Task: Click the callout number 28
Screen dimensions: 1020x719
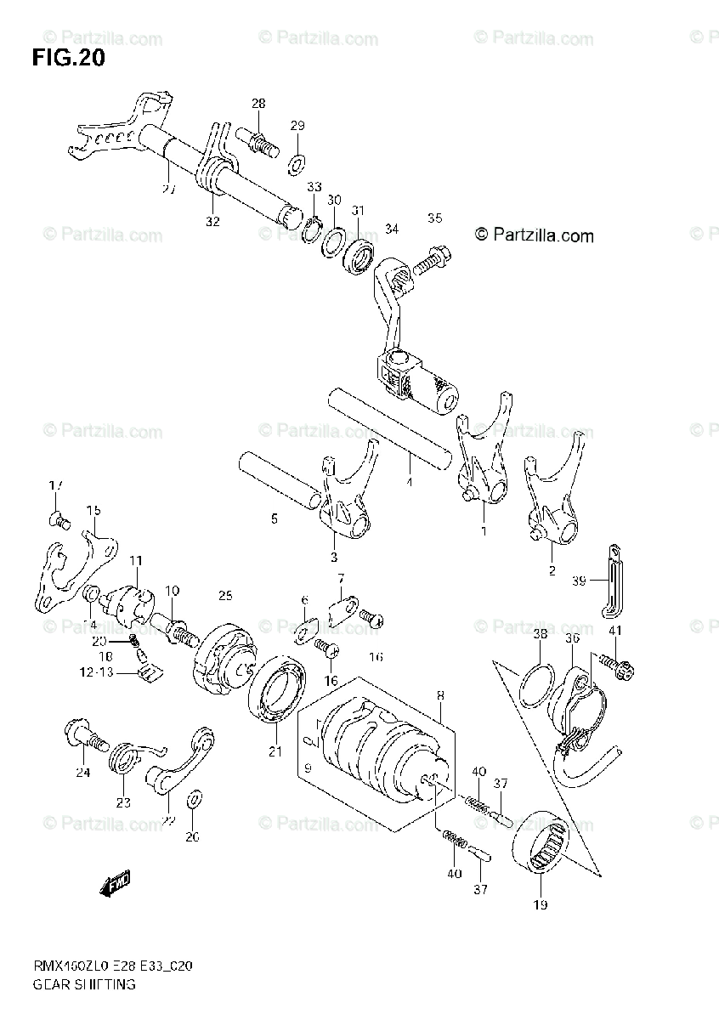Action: (258, 104)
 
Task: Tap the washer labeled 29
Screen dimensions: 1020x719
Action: (297, 161)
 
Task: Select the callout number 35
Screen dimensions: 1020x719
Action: (434, 218)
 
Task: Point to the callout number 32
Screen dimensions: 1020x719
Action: (212, 222)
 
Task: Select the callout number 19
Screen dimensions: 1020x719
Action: (541, 904)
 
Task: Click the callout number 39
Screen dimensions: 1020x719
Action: (579, 581)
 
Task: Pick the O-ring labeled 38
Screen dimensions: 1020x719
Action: (535, 675)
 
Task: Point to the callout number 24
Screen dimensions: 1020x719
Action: (82, 772)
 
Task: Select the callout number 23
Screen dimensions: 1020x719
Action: (122, 802)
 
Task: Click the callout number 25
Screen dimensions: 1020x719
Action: (224, 595)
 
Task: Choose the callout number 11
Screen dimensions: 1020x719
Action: (137, 560)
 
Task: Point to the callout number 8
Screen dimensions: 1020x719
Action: (440, 694)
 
